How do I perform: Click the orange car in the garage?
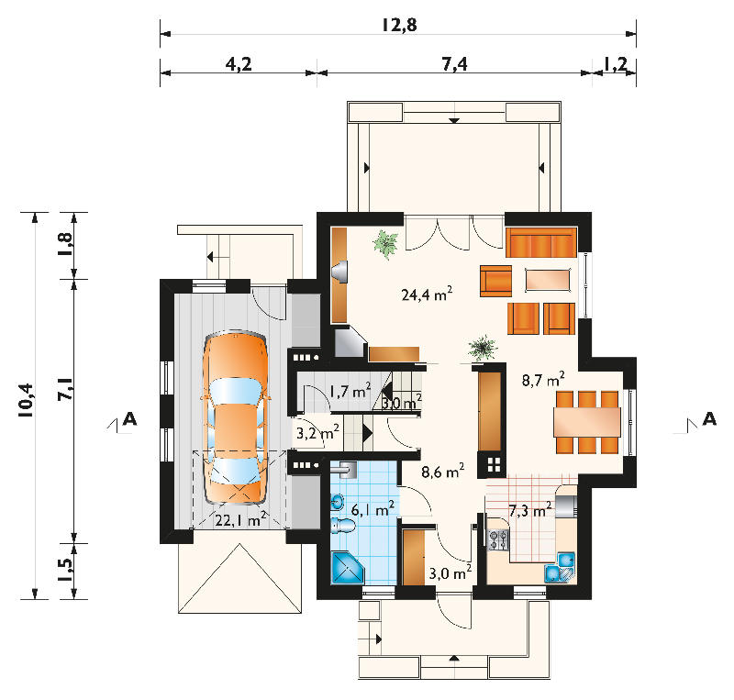236,417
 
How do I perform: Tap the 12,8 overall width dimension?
399,25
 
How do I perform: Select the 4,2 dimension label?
239,63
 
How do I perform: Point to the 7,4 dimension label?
454,63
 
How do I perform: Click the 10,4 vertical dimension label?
27,400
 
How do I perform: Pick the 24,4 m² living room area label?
427,294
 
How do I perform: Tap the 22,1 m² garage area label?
240,519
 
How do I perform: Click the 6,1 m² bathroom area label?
373,508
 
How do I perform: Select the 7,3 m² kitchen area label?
530,510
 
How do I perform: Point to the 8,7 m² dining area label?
543,380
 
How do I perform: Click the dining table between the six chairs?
587,422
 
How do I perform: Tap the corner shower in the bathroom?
348,568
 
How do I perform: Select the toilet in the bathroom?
343,527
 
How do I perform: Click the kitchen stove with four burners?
498,539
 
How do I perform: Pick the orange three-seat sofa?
541,242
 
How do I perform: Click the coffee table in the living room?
548,280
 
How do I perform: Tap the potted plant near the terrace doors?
385,244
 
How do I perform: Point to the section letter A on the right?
709,418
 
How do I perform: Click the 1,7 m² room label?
350,391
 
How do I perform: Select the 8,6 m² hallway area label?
443,471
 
